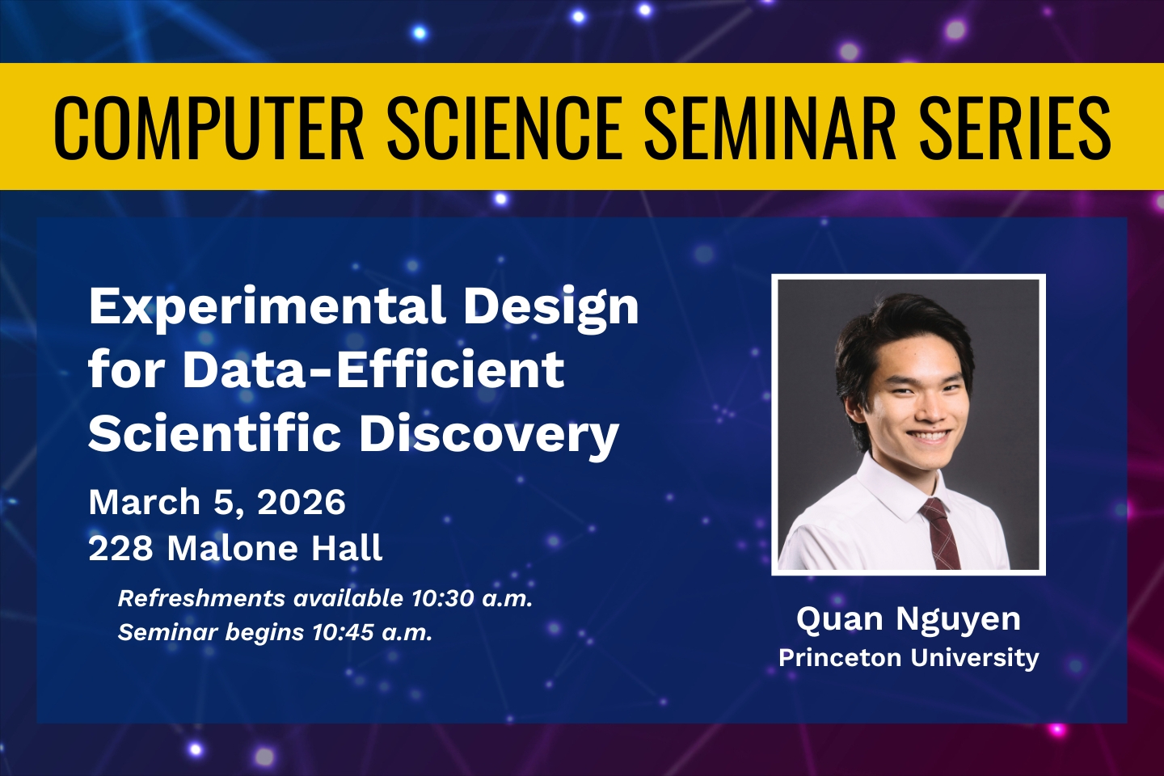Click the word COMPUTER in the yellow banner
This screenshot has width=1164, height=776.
[209, 128]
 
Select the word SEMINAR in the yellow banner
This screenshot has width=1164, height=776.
[770, 128]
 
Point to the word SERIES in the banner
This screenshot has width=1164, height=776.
[1015, 128]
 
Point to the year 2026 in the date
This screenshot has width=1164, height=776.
[302, 502]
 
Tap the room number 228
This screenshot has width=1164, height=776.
[121, 548]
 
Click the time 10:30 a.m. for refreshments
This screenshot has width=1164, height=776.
[472, 598]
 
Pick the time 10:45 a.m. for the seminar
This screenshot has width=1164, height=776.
[372, 632]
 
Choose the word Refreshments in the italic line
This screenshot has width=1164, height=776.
[201, 598]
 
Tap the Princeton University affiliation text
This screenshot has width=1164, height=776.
[909, 658]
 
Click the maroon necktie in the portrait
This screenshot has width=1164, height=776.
[939, 533]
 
